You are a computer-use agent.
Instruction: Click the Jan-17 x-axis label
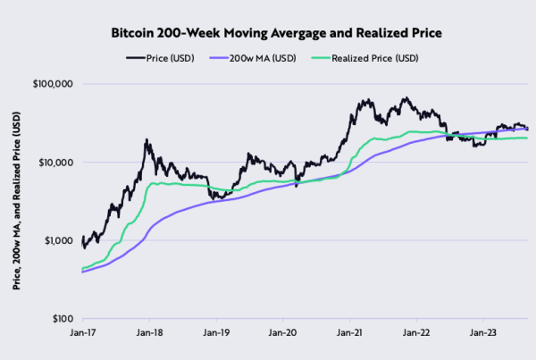point(82,332)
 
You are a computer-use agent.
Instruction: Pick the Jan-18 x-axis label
point(148,332)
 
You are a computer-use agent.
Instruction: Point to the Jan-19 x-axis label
point(215,332)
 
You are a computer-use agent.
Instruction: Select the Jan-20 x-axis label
point(282,332)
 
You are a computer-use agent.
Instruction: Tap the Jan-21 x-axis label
point(349,332)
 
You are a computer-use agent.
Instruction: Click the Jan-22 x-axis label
point(416,332)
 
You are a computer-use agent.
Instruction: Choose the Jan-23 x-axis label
point(483,332)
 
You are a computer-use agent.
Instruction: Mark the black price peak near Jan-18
point(145,140)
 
